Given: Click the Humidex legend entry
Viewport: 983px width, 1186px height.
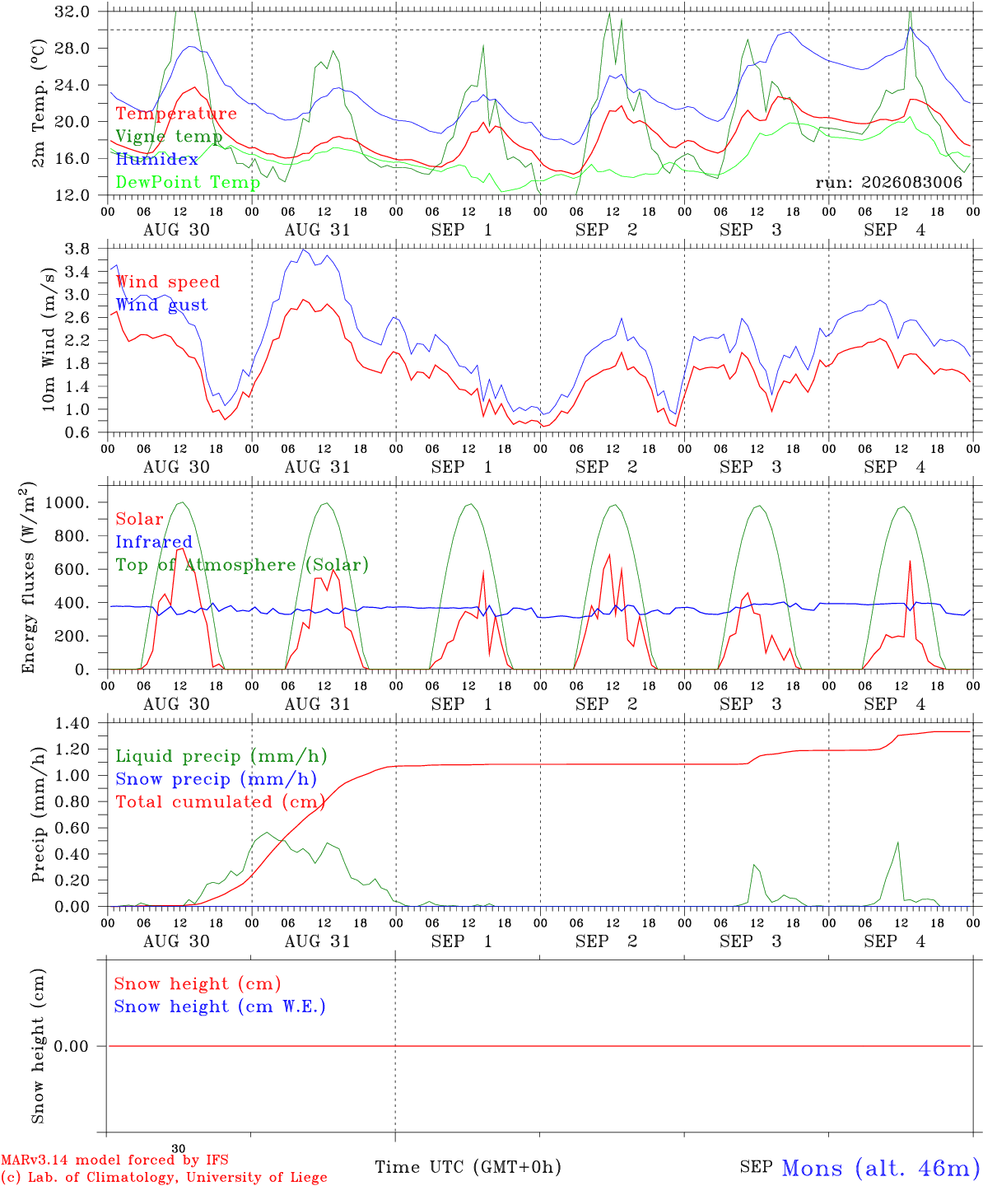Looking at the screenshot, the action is tap(156, 159).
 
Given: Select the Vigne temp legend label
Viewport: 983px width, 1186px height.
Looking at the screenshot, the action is tap(170, 137).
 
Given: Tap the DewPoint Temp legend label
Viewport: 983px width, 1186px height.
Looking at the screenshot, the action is tap(188, 182).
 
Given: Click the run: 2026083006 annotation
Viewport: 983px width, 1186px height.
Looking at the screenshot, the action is tap(888, 182).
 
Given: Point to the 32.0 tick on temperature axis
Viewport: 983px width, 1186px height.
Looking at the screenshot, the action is tap(72, 12).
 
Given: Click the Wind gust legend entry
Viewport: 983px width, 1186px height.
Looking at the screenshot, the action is tap(162, 305).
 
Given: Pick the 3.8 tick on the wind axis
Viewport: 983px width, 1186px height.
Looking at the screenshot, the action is tap(77, 249).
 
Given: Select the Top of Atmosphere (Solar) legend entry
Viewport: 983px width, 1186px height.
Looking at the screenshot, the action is tap(243, 565).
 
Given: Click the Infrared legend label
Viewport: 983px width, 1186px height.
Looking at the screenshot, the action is tap(154, 541).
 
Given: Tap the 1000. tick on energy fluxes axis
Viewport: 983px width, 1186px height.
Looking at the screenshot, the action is tap(68, 502).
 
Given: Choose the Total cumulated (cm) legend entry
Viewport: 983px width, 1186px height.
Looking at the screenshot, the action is tap(221, 801).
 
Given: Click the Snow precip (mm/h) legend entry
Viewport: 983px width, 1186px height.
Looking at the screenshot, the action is tap(216, 779).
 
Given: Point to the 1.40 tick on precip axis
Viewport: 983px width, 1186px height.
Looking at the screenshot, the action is tap(72, 724).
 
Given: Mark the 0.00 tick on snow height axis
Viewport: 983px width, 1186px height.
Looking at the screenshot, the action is tap(71, 1046).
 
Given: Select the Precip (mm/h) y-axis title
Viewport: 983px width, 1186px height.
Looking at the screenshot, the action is tap(38, 815).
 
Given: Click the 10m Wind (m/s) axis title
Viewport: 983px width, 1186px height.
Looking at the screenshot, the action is tap(49, 339).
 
